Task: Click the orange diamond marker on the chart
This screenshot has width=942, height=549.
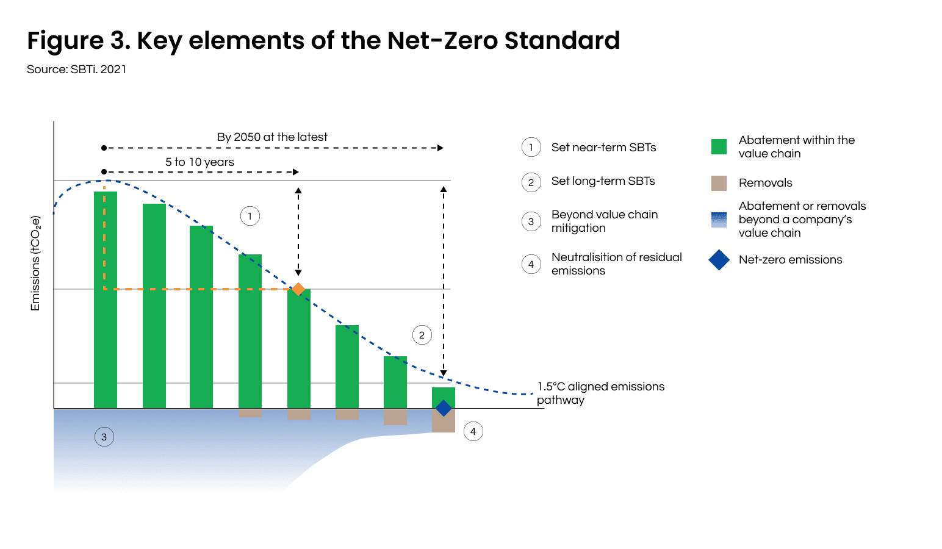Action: coord(298,289)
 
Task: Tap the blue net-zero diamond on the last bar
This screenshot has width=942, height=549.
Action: coord(444,408)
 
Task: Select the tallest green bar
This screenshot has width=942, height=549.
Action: coord(106,299)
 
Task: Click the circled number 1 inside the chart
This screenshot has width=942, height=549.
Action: coord(250,216)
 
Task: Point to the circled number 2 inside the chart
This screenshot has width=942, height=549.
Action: coord(422,335)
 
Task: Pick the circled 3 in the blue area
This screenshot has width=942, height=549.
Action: coord(104,437)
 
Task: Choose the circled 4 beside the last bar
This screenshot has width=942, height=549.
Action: coord(473,431)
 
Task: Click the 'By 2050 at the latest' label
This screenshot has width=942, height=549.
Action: coord(272,137)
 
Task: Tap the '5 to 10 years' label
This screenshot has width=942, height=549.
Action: coord(200,162)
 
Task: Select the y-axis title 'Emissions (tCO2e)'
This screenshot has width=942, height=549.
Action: coord(35,264)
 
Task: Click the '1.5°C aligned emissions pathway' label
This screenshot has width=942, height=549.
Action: coord(600,393)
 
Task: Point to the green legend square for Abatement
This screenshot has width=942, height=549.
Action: coord(719,146)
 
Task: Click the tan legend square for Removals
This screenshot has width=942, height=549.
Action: coord(719,183)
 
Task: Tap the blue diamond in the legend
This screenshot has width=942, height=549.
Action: coord(719,260)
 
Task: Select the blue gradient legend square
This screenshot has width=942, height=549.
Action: coord(719,220)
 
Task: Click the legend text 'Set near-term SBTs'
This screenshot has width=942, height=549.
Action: coord(603,148)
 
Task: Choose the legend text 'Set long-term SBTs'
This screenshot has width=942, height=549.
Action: coord(603,181)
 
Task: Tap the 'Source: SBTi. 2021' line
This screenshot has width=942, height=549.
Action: coord(77,70)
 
